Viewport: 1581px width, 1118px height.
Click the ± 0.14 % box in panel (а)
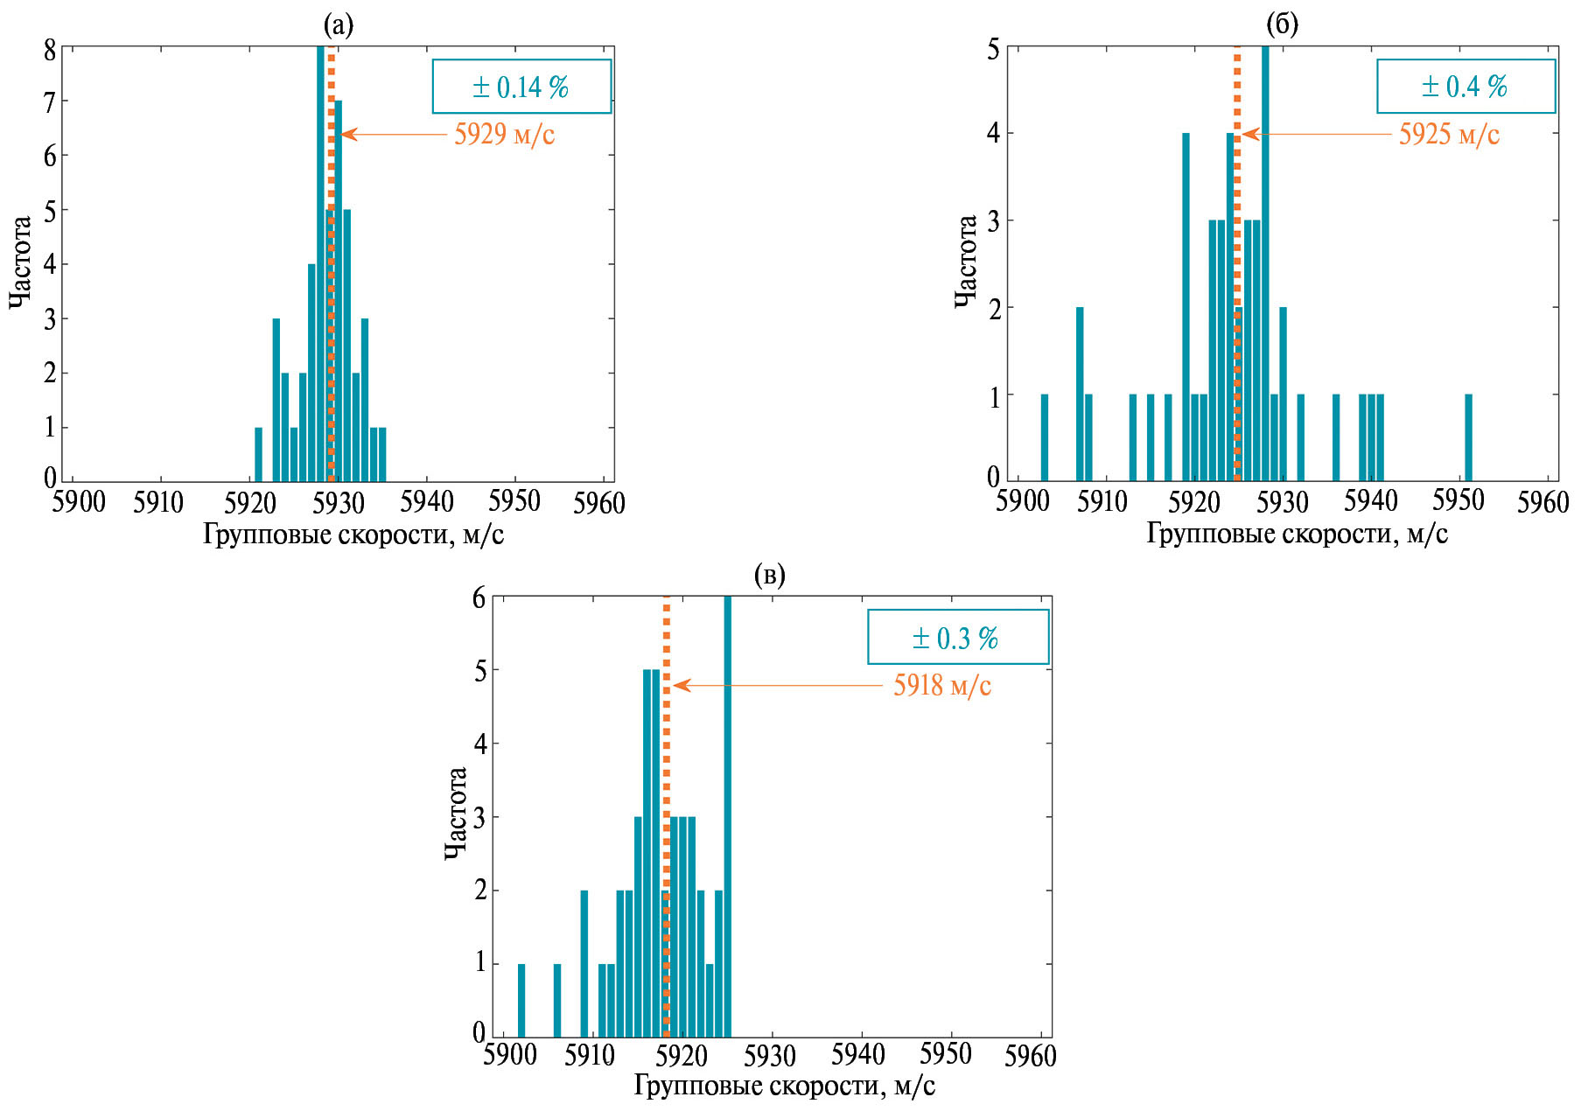(521, 87)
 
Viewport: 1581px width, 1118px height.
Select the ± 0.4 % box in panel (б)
(1466, 87)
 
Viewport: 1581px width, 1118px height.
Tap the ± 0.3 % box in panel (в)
(957, 638)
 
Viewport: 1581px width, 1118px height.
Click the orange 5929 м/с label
(504, 135)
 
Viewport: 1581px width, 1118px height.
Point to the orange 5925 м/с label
(1449, 135)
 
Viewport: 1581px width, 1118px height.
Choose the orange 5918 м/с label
(942, 686)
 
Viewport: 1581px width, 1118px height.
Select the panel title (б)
(1282, 24)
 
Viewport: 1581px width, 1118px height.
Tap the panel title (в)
(769, 576)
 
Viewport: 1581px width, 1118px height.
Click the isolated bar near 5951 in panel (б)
(1468, 437)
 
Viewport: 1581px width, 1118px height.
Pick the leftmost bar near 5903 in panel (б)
(1044, 437)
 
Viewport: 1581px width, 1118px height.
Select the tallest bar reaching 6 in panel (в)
(728, 814)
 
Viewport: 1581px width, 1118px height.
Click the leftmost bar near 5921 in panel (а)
(258, 454)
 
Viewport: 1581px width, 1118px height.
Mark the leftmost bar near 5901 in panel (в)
(521, 1000)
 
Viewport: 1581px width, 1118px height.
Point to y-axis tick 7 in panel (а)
(50, 102)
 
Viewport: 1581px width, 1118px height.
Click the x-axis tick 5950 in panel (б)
(1458, 501)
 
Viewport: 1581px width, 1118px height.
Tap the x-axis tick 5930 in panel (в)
(770, 1056)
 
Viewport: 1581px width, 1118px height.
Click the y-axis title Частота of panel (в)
(456, 814)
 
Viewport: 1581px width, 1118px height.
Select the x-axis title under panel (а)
(353, 535)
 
